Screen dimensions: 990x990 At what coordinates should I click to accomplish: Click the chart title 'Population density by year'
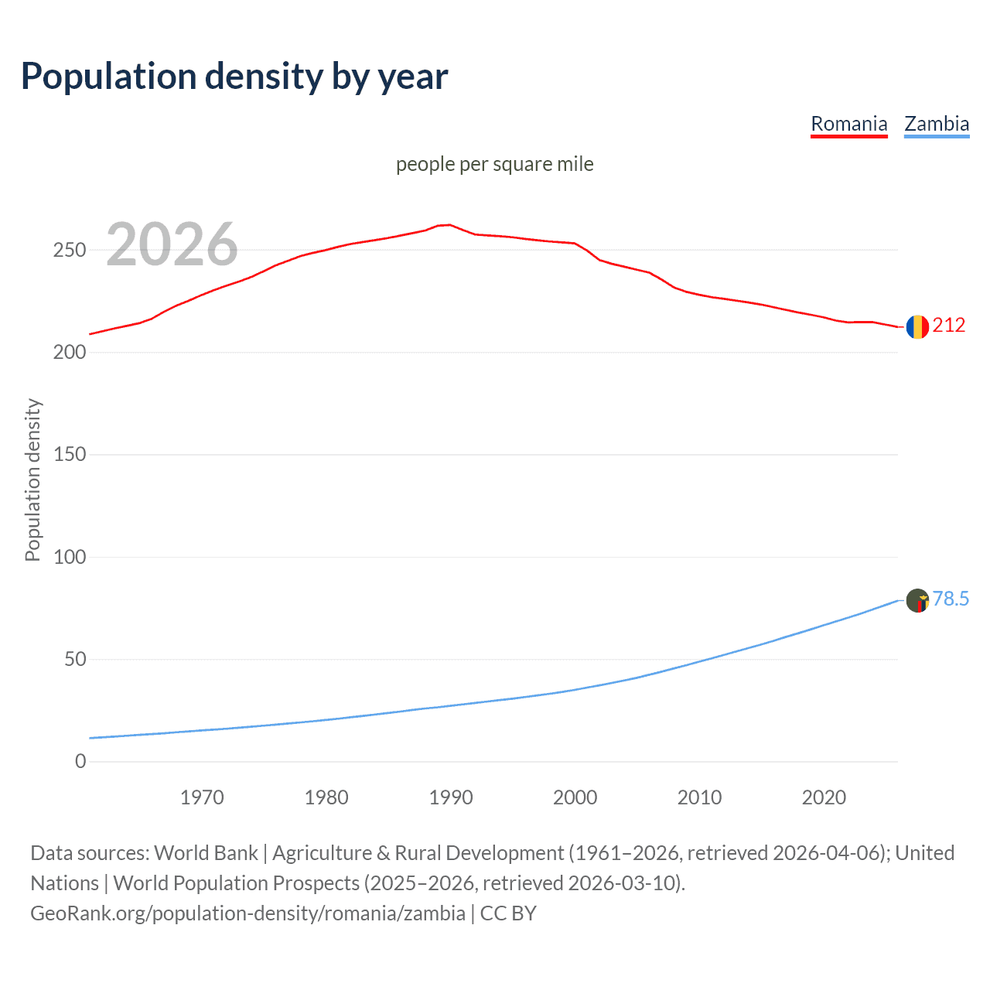coord(234,77)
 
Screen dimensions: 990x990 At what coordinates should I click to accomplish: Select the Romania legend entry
coord(848,124)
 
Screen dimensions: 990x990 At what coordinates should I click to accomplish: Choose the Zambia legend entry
coord(937,124)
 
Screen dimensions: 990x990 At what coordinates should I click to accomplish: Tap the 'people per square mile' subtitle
coord(494,164)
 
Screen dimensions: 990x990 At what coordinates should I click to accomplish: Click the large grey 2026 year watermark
coord(172,244)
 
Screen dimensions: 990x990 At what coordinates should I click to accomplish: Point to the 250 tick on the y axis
coord(69,250)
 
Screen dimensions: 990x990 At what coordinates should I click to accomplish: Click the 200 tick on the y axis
coord(69,353)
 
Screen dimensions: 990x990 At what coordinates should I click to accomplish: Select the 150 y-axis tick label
coord(69,455)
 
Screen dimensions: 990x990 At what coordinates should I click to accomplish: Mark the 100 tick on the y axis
coord(69,557)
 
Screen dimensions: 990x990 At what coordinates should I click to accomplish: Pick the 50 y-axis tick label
coord(74,660)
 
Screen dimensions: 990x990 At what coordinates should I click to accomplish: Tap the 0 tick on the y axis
coord(80,762)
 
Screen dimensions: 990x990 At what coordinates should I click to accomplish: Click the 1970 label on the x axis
coord(202,797)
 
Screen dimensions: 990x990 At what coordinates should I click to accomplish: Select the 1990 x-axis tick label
coord(451,797)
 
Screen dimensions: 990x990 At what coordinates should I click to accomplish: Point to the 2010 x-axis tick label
coord(699,797)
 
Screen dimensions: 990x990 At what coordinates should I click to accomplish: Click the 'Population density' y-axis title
coord(32,480)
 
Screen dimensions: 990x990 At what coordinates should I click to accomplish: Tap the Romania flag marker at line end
coord(917,326)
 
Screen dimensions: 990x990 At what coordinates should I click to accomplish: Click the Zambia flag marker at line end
coord(917,600)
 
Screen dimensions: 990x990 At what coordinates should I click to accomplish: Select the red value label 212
coord(949,325)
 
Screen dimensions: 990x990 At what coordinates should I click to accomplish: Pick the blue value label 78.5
coord(951,599)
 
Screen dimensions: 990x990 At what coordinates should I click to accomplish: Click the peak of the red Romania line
coord(449,225)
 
